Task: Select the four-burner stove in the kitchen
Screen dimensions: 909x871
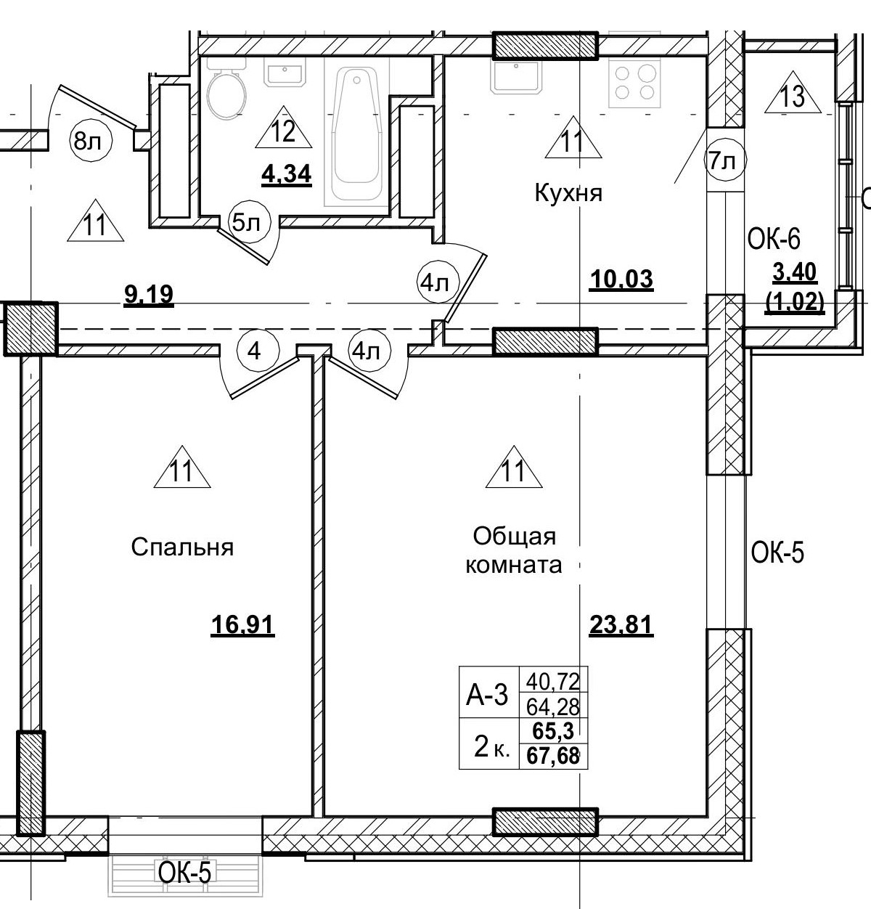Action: tap(633, 82)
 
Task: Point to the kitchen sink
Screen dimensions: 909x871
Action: tap(515, 76)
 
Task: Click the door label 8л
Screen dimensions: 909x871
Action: tap(89, 141)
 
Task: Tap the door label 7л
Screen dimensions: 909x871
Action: tap(723, 162)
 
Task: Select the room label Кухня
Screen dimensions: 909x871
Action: tap(568, 194)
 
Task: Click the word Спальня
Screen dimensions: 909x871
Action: tap(182, 547)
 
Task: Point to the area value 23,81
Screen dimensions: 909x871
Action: tap(621, 624)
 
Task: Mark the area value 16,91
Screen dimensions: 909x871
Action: tap(242, 624)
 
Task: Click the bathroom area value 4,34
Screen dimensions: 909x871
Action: tap(287, 174)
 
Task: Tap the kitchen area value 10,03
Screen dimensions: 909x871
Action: tap(621, 279)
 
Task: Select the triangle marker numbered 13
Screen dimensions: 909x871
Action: tap(793, 95)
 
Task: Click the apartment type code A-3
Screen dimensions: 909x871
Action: tap(487, 696)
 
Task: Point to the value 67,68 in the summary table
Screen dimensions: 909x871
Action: tap(556, 756)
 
